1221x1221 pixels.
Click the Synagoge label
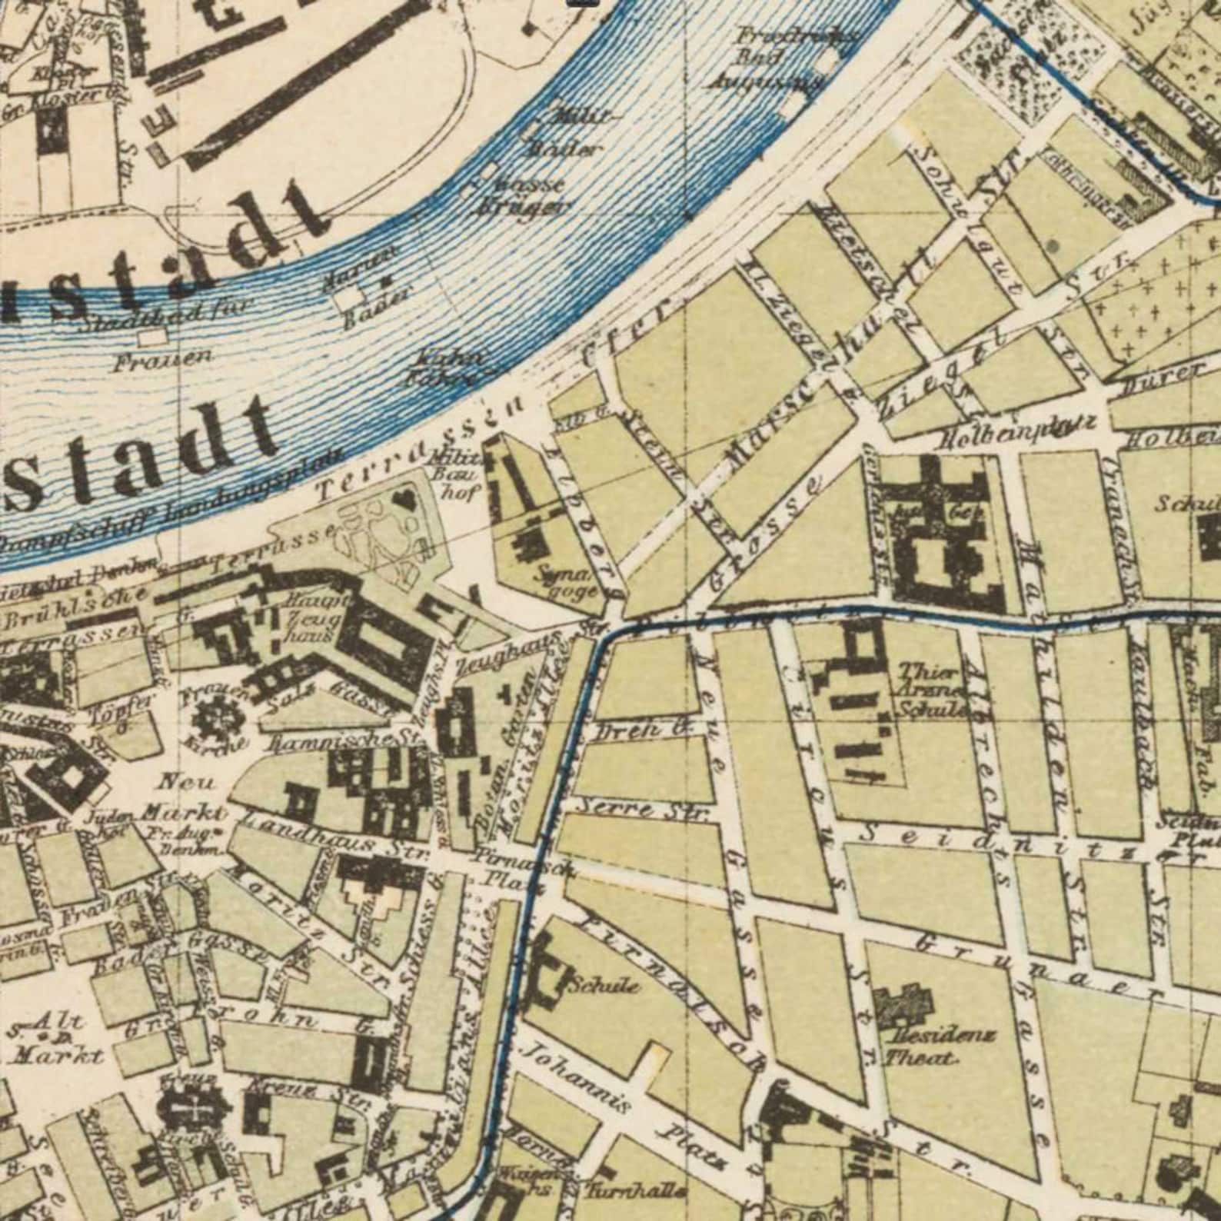pos(567,582)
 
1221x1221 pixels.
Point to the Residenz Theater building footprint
pos(903,1003)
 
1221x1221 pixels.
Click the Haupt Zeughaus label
pos(311,617)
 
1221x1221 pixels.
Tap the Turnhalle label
pos(635,1191)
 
